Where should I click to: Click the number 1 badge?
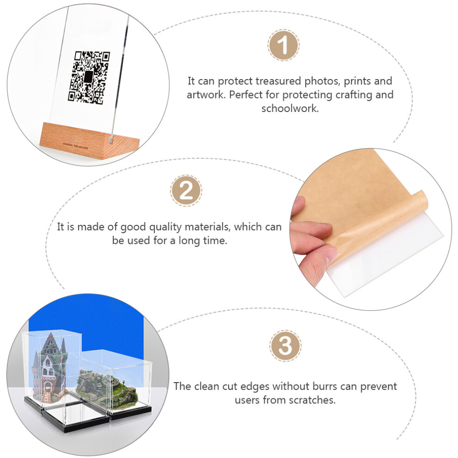click(x=283, y=45)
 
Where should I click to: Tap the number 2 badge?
click(x=186, y=191)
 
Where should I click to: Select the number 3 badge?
click(x=285, y=346)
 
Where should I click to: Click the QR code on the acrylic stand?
click(x=89, y=77)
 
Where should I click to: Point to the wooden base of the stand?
click(x=89, y=141)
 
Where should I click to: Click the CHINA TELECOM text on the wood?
click(x=75, y=145)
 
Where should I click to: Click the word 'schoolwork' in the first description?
click(x=289, y=109)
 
